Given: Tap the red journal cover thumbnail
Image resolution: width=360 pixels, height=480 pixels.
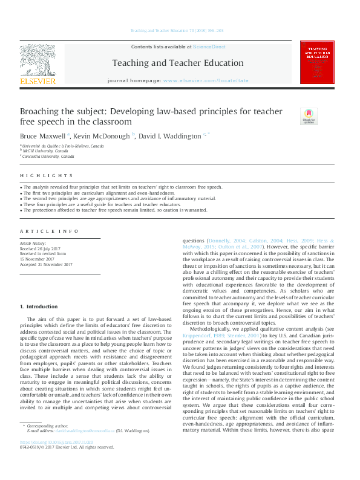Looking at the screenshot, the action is coord(316,62).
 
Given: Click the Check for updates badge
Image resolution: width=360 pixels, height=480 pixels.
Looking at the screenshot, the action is coord(309,116).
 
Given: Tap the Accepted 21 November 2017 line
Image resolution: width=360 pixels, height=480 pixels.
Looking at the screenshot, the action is coord(47,264).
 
